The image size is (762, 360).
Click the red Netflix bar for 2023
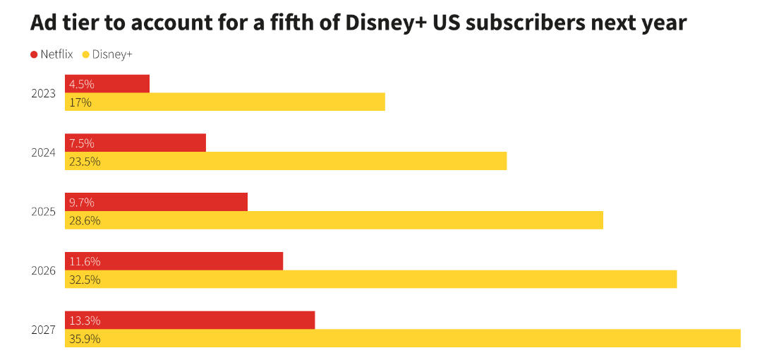point(107,84)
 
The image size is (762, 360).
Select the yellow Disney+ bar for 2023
point(225,102)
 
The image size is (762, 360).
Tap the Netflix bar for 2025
point(156,202)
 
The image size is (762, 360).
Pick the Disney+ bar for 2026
point(370,280)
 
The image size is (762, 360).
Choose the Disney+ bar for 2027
point(402,339)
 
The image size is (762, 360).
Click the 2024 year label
point(44,152)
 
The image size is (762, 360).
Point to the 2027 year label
point(44,330)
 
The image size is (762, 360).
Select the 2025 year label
point(44,211)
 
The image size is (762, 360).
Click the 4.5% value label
point(81,84)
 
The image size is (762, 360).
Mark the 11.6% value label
point(85,261)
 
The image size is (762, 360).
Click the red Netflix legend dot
point(34,54)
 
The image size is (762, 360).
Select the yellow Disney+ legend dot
point(86,54)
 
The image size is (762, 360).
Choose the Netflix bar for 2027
point(190,320)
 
